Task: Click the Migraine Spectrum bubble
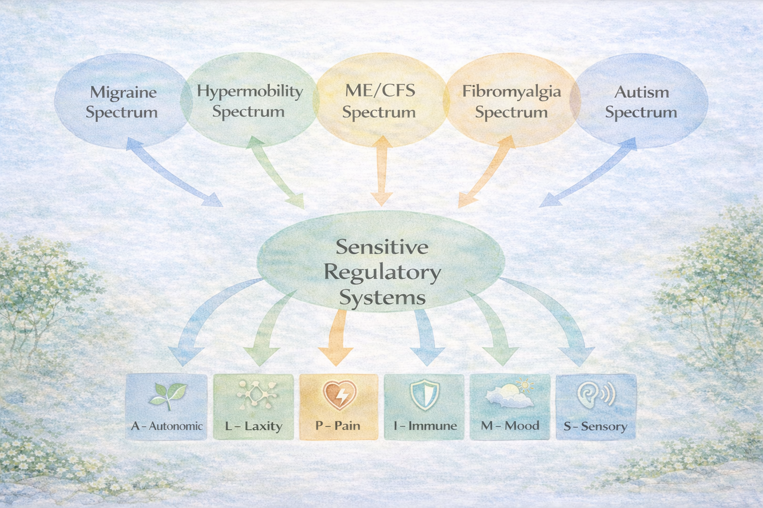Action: (121, 102)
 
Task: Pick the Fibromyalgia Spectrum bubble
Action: (511, 101)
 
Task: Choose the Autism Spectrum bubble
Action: (641, 102)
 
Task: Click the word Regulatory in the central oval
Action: (382, 272)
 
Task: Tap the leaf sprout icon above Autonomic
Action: (167, 395)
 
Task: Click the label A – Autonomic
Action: (167, 426)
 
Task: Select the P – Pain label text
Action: (338, 426)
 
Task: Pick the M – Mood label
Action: (510, 426)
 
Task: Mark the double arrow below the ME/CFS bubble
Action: (381, 171)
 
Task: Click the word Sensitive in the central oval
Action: (382, 247)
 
